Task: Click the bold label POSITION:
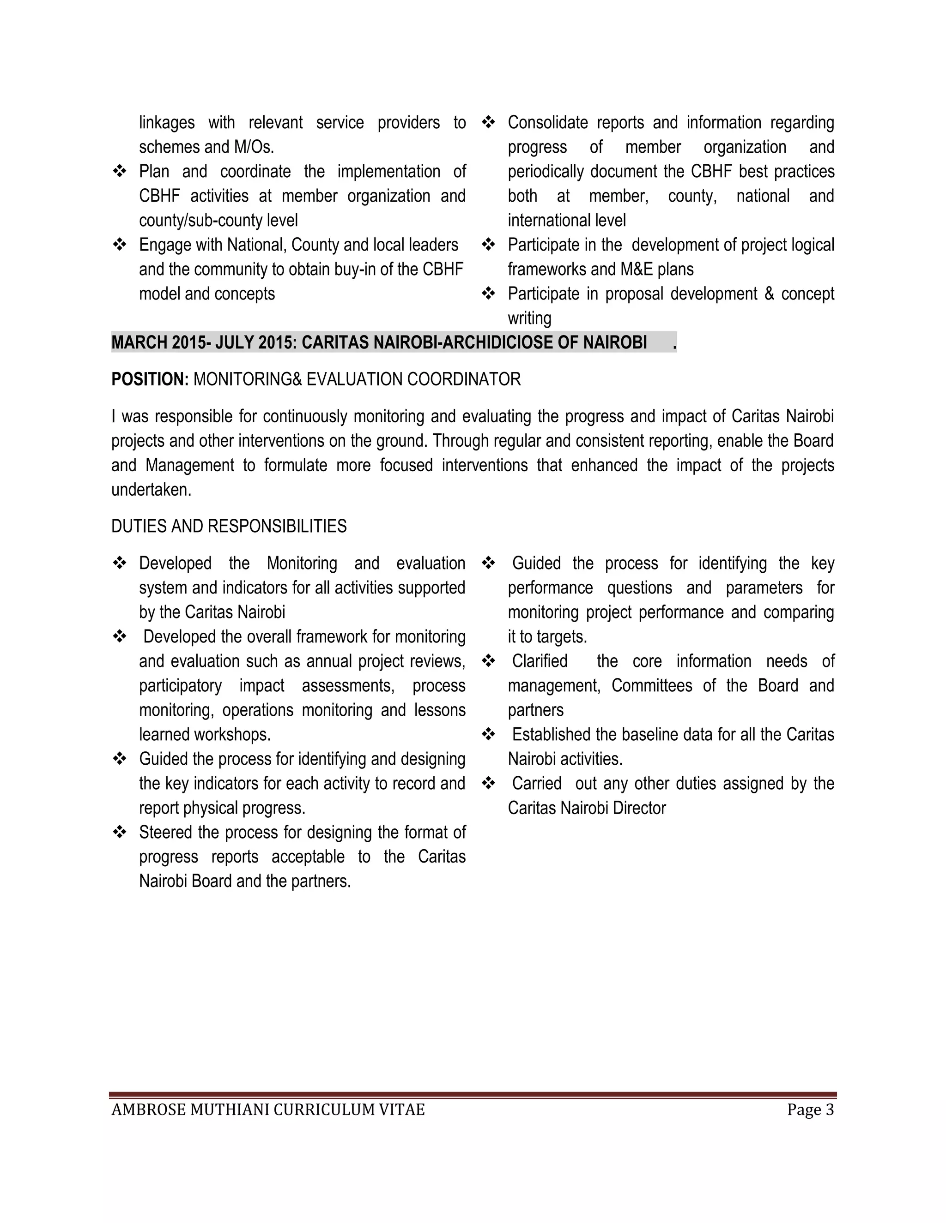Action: click(150, 380)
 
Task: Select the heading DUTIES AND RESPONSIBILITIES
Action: click(229, 527)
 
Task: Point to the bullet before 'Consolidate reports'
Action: click(488, 123)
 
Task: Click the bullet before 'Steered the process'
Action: click(119, 832)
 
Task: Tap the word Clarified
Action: click(539, 661)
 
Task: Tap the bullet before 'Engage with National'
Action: click(119, 245)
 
